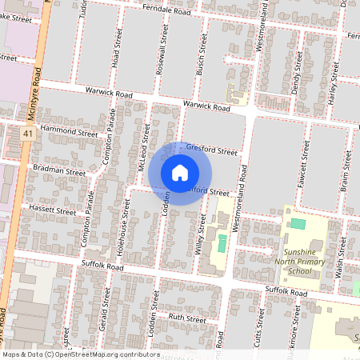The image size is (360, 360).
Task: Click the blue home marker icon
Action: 180,172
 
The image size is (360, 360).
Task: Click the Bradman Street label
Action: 58,171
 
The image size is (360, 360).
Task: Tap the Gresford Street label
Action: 212,150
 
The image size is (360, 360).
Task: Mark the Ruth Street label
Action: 186,318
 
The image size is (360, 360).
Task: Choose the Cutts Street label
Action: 259,328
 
